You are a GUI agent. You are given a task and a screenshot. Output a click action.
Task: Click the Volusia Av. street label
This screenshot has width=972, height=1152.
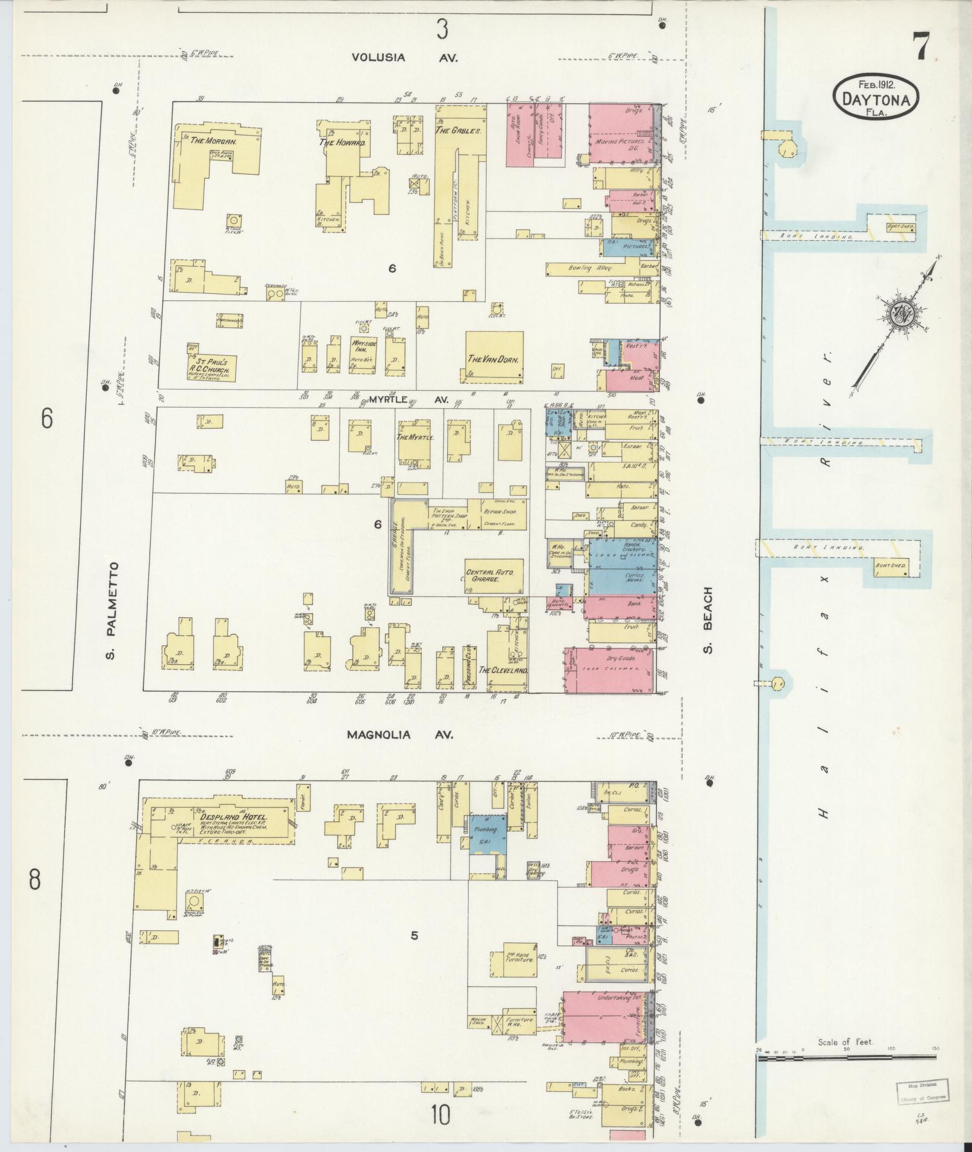[x=405, y=58]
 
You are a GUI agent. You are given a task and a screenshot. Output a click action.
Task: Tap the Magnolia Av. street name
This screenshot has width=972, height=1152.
[x=400, y=735]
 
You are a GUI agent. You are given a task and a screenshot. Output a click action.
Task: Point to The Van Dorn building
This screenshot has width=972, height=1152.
[x=494, y=358]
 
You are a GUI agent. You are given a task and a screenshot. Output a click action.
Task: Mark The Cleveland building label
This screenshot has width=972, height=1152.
[x=503, y=670]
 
